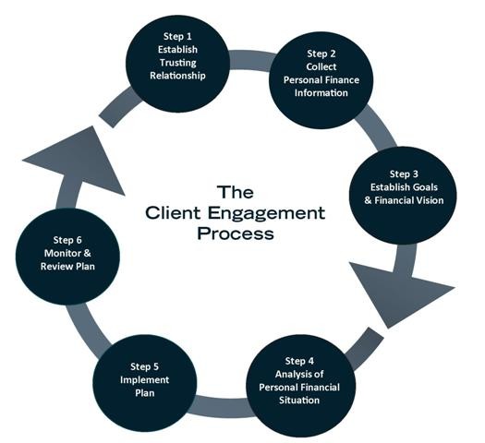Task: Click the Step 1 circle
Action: [x=178, y=64]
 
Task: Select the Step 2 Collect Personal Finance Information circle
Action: [x=321, y=80]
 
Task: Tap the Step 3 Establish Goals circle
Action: [x=403, y=196]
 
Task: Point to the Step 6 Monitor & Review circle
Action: [x=67, y=256]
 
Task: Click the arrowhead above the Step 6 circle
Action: [x=81, y=161]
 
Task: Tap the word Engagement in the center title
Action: [x=266, y=213]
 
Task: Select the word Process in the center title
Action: [x=236, y=233]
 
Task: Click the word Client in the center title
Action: [x=174, y=213]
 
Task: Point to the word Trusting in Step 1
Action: [x=178, y=63]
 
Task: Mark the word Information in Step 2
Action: [x=321, y=92]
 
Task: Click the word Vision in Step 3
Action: [x=430, y=200]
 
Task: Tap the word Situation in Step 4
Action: [x=299, y=400]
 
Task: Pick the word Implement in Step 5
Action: [x=144, y=379]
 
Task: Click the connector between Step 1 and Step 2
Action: [x=250, y=59]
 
